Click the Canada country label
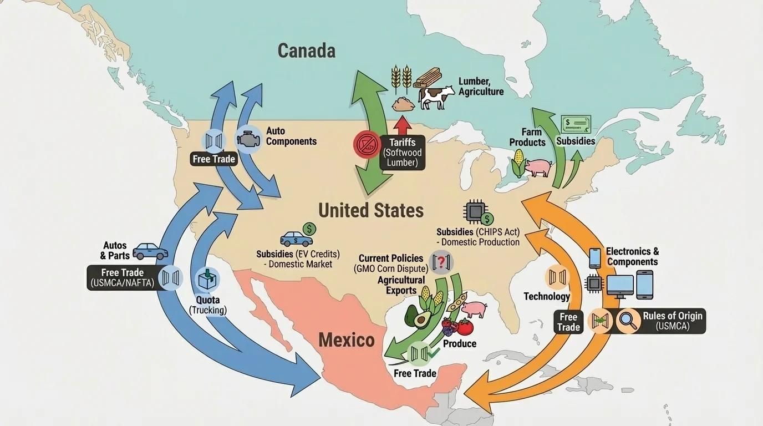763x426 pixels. [x=306, y=51]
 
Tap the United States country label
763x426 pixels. [x=371, y=211]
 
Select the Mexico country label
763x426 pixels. [x=347, y=339]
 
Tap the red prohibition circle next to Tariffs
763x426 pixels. [x=367, y=145]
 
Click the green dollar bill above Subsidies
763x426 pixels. [x=576, y=124]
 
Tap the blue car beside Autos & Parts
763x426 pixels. [x=150, y=251]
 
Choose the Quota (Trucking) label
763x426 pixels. [x=208, y=305]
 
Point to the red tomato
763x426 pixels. [x=464, y=327]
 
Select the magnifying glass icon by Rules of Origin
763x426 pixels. [x=628, y=321]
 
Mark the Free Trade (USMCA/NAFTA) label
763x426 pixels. [x=123, y=277]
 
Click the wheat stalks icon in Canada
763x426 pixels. [x=401, y=79]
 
